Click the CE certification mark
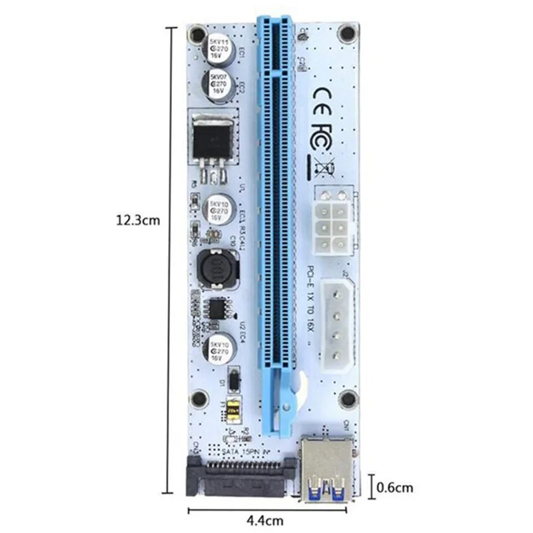pyautogui.click(x=328, y=93)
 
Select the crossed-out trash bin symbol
pyautogui.click(x=324, y=167)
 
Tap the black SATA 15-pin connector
pyautogui.click(x=238, y=476)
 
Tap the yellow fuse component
pyautogui.click(x=233, y=412)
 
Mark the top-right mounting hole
pyautogui.click(x=345, y=32)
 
